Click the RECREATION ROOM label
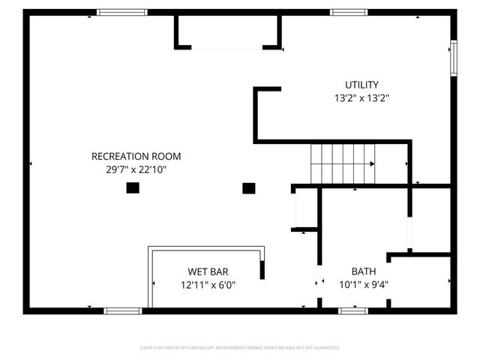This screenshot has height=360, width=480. [136, 156]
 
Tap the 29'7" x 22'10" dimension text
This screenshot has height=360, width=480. [136, 169]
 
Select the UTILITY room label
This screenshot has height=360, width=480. [361, 85]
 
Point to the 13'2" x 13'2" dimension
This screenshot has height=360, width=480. [361, 97]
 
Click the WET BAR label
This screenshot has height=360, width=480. [208, 271]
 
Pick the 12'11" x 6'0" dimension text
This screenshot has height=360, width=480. [208, 284]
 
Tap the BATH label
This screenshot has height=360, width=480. [364, 271]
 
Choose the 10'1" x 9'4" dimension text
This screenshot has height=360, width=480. [364, 284]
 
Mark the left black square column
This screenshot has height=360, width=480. [132, 188]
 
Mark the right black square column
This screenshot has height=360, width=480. [249, 188]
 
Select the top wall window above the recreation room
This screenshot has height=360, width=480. [122, 12]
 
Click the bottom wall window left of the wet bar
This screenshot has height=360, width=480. [122, 310]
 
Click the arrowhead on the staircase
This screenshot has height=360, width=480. [372, 163]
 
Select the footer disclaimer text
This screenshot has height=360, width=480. [240, 348]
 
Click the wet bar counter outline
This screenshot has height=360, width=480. [206, 248]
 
